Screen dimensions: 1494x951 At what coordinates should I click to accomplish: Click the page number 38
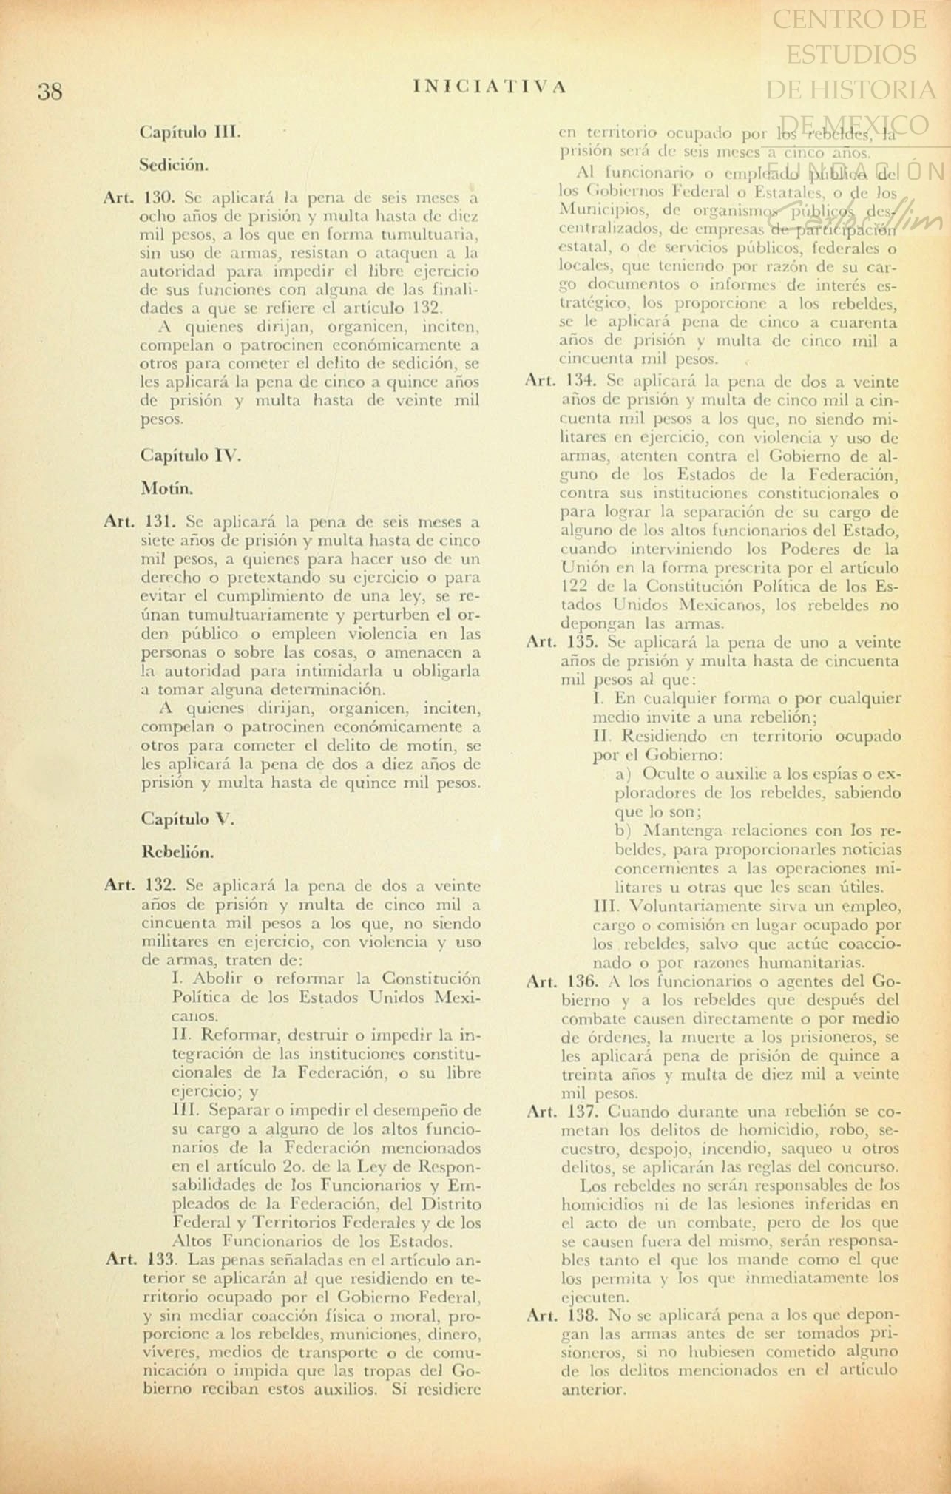[50, 92]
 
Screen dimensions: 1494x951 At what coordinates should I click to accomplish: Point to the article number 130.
[159, 198]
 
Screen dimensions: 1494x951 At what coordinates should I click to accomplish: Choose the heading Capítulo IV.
[191, 456]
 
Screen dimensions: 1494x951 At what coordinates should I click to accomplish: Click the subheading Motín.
[167, 489]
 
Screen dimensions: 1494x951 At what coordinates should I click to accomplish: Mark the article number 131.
[159, 521]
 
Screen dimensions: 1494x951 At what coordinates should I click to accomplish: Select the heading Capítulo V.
[187, 819]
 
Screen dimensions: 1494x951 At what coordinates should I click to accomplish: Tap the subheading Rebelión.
[177, 852]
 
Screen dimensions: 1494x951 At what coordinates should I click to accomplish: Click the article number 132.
[160, 885]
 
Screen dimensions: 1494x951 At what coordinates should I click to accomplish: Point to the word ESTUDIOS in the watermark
[850, 54]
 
